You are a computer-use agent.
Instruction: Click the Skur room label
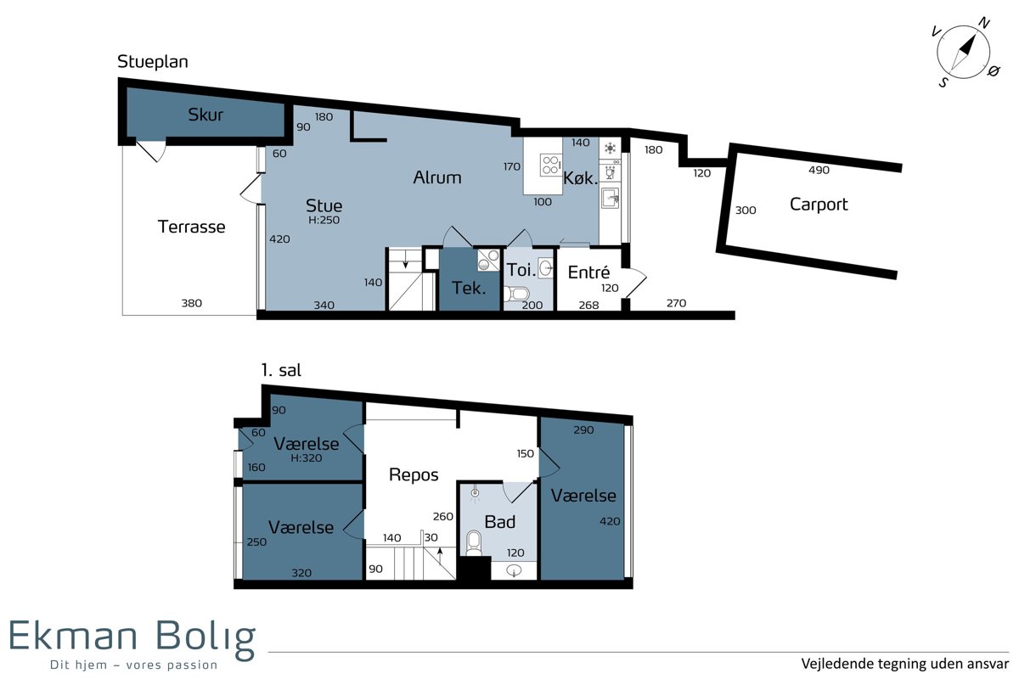(x=205, y=115)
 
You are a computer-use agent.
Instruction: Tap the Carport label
(x=819, y=205)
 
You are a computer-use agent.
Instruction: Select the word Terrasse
(x=192, y=227)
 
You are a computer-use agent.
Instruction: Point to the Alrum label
(x=437, y=177)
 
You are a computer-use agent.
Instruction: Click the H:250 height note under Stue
(x=324, y=220)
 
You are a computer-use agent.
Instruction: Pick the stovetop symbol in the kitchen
(x=550, y=165)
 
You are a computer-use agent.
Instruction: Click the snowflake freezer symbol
(x=610, y=148)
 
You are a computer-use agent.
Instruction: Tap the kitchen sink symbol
(x=610, y=199)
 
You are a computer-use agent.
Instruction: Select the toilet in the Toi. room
(x=516, y=294)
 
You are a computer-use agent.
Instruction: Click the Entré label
(x=588, y=272)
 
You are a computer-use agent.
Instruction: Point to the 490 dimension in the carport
(x=819, y=170)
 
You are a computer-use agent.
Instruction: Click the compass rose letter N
(x=984, y=23)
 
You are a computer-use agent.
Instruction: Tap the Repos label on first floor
(x=414, y=475)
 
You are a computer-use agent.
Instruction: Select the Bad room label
(x=500, y=522)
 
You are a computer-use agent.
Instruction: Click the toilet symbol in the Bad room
(x=474, y=543)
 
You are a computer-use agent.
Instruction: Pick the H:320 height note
(x=307, y=458)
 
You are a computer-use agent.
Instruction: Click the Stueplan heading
(x=152, y=62)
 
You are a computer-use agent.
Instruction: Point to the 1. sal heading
(x=281, y=370)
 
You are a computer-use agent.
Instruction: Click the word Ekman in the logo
(x=73, y=636)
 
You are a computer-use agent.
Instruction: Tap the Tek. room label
(x=469, y=288)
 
